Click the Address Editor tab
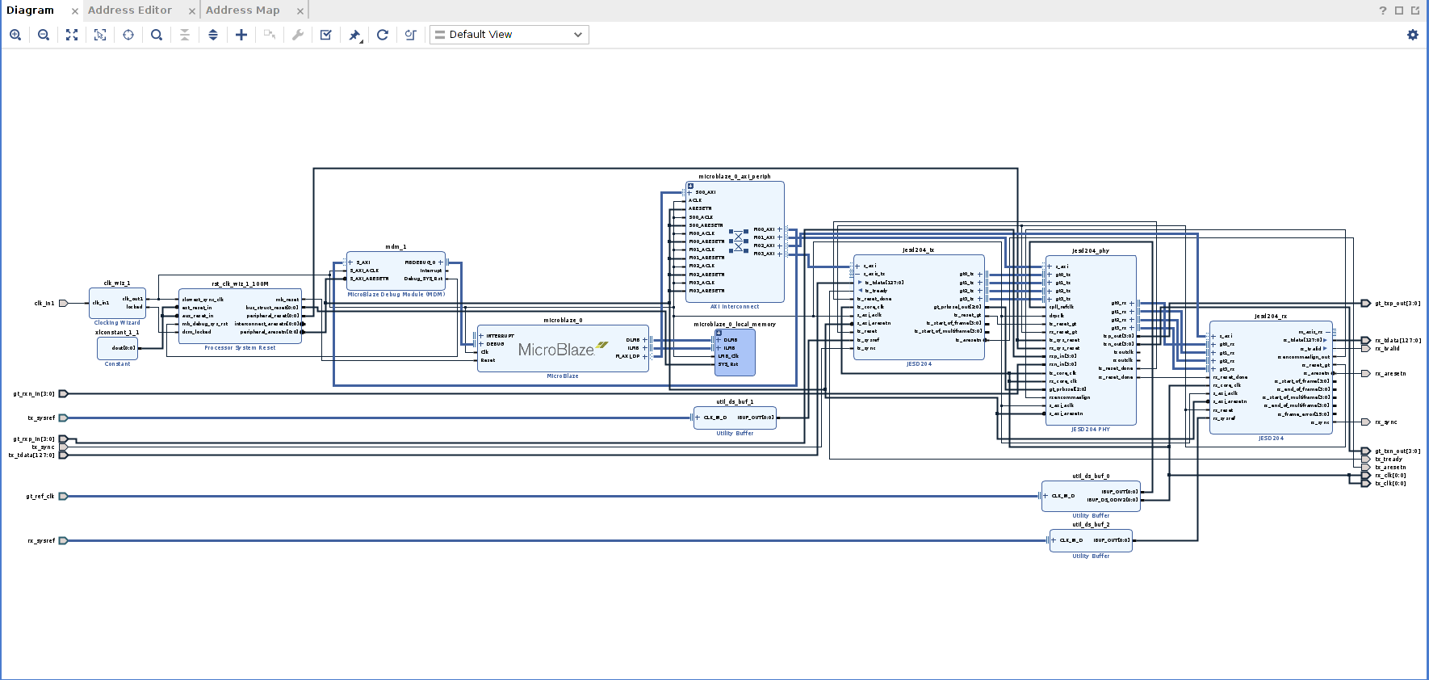(129, 10)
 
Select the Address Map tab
(242, 10)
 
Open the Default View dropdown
(509, 35)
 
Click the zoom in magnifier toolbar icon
(15, 35)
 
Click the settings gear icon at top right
(1412, 35)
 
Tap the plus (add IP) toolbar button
(241, 35)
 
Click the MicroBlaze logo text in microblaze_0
(556, 350)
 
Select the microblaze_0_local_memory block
(735, 352)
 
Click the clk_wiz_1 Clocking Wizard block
(117, 303)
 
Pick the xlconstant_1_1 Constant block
(117, 348)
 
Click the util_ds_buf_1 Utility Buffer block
(735, 418)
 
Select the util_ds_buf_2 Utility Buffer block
(1091, 540)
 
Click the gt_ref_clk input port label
(40, 497)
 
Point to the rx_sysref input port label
(41, 541)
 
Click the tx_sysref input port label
(41, 418)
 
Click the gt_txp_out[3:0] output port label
(1397, 304)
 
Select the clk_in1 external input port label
(44, 304)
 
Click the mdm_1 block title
(396, 247)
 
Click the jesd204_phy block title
(1091, 251)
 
